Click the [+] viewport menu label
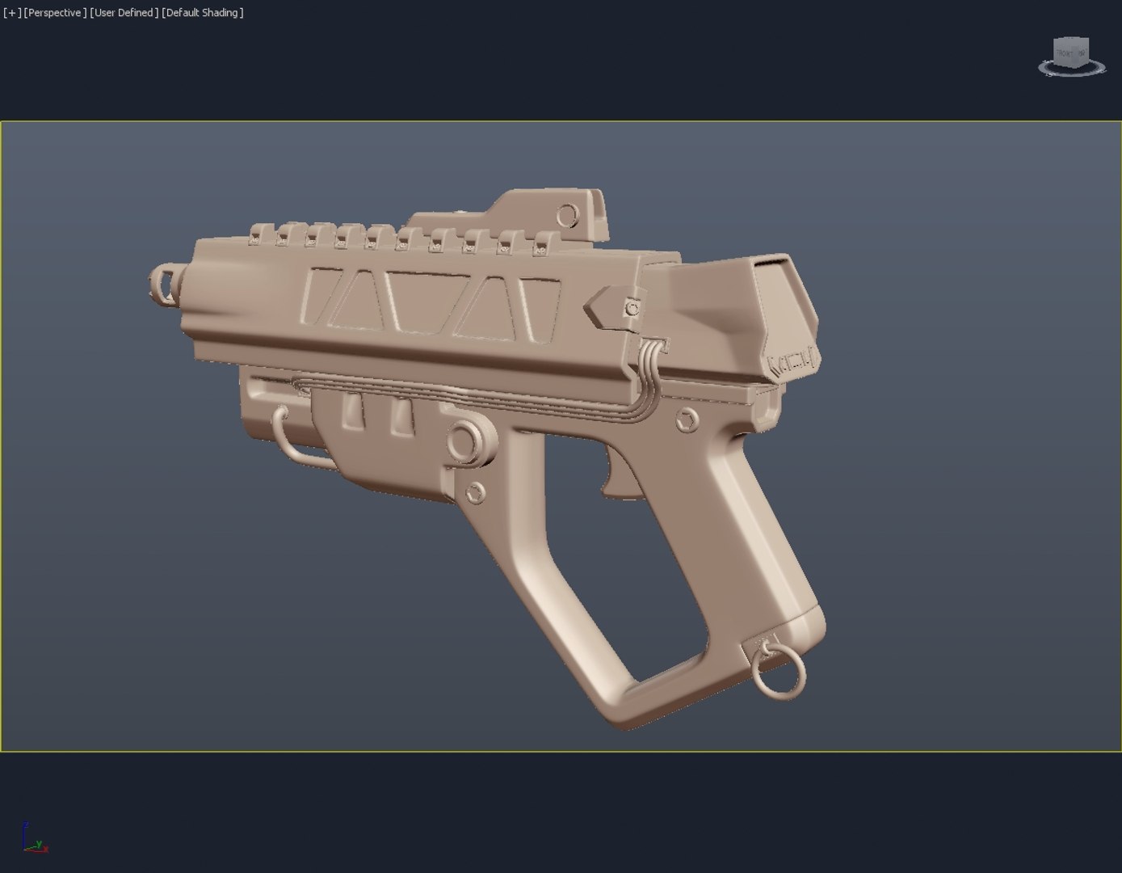pos(12,13)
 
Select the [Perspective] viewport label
pos(55,13)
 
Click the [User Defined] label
pos(124,13)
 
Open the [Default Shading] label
pos(202,13)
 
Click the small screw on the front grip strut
pos(476,491)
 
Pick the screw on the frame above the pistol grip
pos(687,420)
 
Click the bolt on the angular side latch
pos(632,309)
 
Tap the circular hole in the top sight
pos(568,215)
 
